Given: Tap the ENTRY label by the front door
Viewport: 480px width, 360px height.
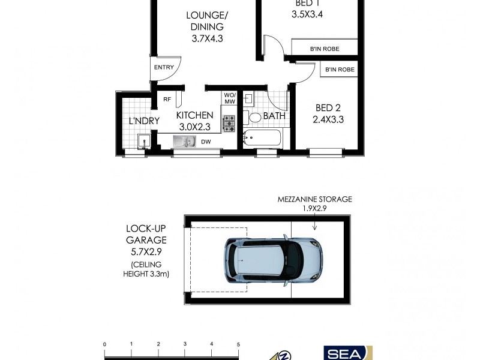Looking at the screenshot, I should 164,67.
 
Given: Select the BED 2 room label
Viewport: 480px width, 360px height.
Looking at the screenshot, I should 328,108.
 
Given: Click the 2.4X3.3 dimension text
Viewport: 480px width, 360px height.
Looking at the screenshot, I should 329,119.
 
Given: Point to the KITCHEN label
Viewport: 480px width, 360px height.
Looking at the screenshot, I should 194,115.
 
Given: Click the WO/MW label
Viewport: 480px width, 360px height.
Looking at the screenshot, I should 230,99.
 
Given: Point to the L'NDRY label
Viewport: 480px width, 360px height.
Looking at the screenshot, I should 143,121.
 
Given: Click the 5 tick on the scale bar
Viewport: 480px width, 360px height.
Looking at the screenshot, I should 238,344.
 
